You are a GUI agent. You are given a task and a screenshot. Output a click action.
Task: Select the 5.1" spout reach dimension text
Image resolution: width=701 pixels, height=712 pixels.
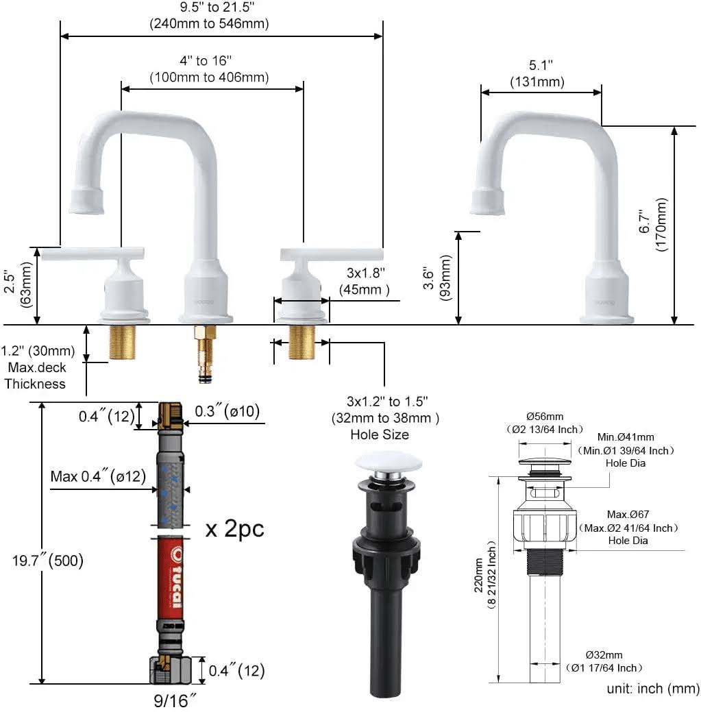(541, 65)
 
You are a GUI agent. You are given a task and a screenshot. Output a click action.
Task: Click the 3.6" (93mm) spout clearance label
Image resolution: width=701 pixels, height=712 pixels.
(436, 278)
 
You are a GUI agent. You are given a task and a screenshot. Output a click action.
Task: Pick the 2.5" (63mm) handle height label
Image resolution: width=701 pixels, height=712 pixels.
(18, 284)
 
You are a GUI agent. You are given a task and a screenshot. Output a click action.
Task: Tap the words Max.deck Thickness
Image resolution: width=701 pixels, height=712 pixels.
(36, 376)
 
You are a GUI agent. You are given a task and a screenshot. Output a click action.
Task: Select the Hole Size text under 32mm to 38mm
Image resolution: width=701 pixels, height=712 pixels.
(380, 434)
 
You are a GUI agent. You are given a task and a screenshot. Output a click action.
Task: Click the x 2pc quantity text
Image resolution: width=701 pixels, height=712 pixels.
(235, 528)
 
